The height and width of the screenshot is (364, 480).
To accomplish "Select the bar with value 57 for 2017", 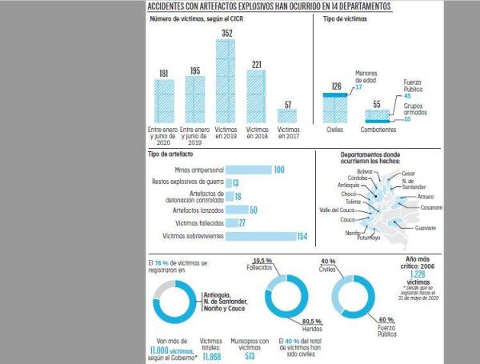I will pyautogui.click(x=287, y=114).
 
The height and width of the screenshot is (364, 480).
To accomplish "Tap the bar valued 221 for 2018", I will pyautogui.click(x=256, y=95).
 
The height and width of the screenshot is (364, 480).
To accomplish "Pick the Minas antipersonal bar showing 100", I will pyautogui.click(x=248, y=170).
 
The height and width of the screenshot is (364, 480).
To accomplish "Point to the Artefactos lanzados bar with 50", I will pyautogui.click(x=237, y=210).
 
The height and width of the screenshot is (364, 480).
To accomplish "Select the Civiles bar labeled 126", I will pyautogui.click(x=335, y=107).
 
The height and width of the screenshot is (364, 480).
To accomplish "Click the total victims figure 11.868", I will pyautogui.click(x=212, y=357).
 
